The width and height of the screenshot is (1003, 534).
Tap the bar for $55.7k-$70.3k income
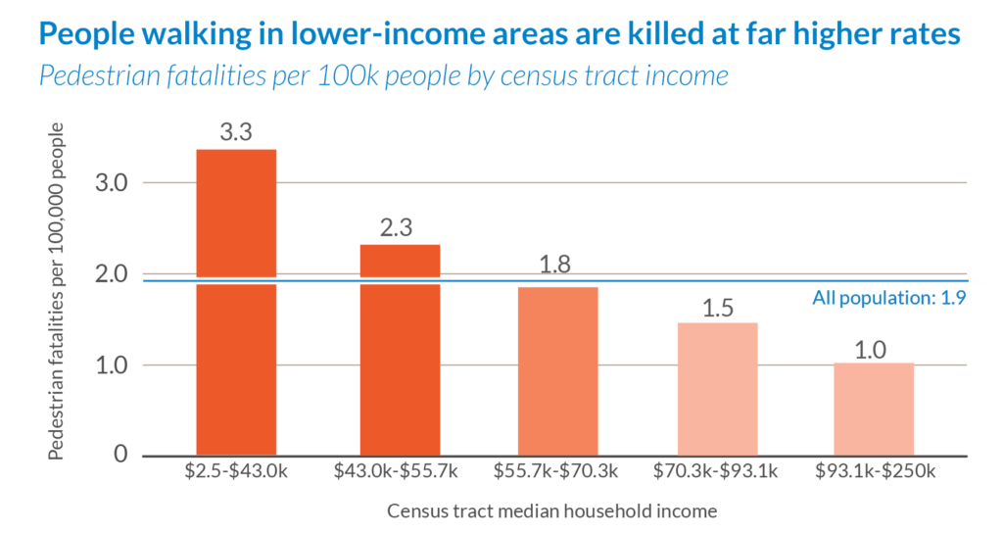(x=557, y=371)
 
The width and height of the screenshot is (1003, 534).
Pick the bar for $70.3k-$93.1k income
(x=718, y=389)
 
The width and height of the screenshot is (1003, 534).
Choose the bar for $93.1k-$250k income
(x=874, y=409)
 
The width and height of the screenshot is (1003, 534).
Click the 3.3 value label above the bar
(x=236, y=132)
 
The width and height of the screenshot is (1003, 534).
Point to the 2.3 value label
(x=400, y=227)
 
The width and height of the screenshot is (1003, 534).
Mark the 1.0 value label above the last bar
(x=874, y=347)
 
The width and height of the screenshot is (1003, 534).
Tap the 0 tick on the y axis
(x=121, y=456)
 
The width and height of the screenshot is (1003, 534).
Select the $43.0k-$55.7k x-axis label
(x=397, y=471)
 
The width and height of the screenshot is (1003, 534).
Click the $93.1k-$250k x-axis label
(x=876, y=471)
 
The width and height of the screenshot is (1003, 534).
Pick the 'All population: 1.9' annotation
(x=889, y=299)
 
